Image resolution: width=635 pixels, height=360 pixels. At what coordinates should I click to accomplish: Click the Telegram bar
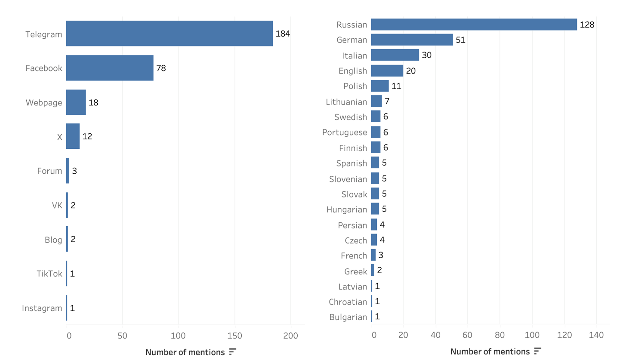pos(169,34)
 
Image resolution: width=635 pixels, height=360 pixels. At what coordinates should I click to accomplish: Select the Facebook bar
pos(110,68)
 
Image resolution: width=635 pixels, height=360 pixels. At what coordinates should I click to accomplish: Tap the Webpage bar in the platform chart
pos(76,102)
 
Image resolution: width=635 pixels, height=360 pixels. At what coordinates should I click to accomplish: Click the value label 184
pos(283,34)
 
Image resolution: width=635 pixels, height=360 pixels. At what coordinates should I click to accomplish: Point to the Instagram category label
pos(42,308)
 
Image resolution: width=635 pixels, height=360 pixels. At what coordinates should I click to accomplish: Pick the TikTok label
pos(49,274)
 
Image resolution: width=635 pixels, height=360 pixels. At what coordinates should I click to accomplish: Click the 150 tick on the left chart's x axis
pos(235,335)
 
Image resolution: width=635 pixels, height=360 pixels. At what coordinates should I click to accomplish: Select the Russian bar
pos(474,25)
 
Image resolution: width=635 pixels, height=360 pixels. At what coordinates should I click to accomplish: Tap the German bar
pos(412,40)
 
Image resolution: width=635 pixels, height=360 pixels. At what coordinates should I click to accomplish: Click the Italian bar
pos(395,55)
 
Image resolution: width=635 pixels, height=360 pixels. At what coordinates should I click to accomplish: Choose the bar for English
pos(387,71)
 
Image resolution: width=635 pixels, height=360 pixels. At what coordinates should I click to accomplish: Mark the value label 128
pos(587,25)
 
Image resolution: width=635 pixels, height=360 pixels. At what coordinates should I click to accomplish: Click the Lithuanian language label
pos(346,102)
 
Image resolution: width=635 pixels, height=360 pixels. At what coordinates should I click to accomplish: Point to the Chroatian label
pos(348,302)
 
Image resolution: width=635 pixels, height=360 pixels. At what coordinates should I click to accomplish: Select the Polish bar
pos(380,86)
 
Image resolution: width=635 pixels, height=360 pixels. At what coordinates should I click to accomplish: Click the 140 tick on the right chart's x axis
pos(596,335)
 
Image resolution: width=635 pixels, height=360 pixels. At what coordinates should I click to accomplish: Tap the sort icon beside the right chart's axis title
pos(537,351)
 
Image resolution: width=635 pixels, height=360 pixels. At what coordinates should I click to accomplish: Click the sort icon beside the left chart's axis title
pos(233,352)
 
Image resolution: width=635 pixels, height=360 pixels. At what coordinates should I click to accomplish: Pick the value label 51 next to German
pos(460,40)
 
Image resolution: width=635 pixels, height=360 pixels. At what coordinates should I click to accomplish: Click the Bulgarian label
pos(348,317)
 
